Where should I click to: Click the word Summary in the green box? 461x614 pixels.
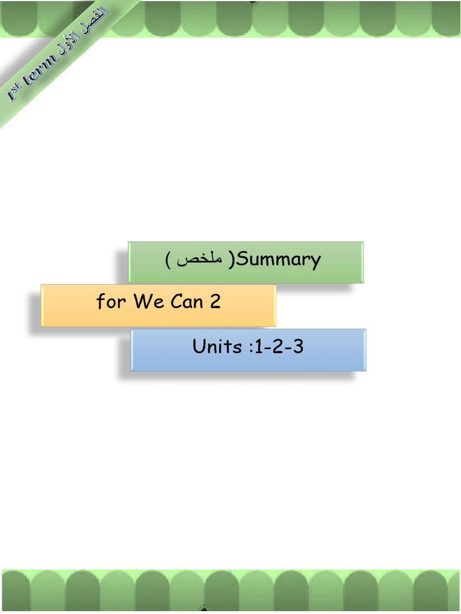pos(280,260)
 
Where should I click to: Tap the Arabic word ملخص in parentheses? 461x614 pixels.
pos(200,260)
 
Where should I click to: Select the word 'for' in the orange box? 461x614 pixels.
pos(111,302)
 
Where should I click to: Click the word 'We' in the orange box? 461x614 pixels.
pos(148,301)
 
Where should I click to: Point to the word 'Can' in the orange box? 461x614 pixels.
pos(187,301)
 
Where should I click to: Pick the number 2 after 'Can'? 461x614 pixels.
pos(215,301)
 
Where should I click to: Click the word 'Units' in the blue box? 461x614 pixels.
pos(217,347)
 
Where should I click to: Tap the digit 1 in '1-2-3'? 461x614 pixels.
pos(259,347)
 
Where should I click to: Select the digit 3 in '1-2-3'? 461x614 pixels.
pos(298,347)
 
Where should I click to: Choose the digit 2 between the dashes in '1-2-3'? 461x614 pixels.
pos(278,347)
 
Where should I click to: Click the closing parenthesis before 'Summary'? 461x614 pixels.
pos(232,260)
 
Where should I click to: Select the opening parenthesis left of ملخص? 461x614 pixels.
pos(168,260)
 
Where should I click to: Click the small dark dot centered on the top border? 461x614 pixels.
pos(253,2)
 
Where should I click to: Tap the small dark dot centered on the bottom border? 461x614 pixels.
pos(204,609)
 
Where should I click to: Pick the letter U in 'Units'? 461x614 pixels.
pos(199,347)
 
